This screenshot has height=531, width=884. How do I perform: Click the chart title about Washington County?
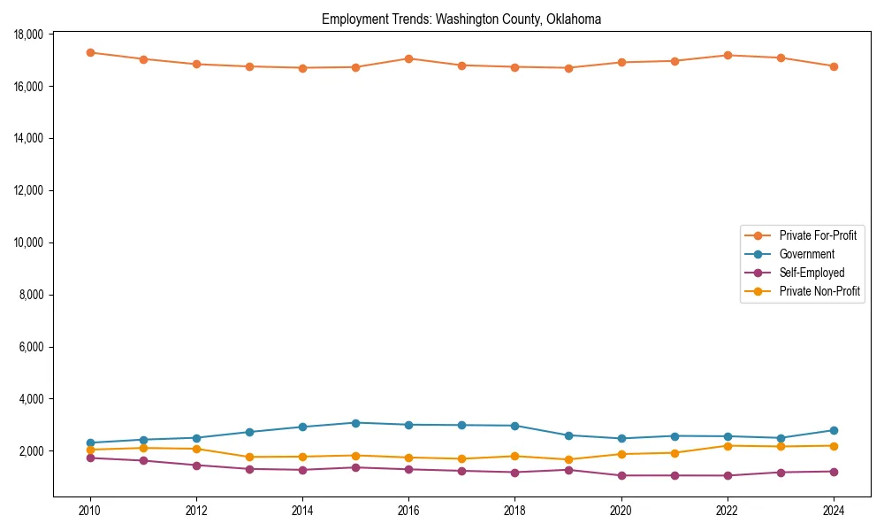pos(461,19)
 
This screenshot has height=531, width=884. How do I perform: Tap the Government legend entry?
pos(805,254)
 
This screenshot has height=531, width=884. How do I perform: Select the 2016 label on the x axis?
pos(408,511)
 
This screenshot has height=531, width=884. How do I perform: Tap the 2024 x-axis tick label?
pos(833,511)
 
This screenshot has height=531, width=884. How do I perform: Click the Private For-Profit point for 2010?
pos(90,52)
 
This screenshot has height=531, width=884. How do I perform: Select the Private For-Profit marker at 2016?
pos(408,58)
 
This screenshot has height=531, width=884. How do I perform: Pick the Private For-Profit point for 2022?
pos(727,55)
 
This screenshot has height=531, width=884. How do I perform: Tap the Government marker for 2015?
pos(355,423)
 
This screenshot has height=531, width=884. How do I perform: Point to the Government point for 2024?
pos(833,430)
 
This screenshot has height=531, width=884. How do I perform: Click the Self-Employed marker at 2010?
pos(90,458)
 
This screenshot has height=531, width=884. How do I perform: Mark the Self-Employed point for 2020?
pos(621,475)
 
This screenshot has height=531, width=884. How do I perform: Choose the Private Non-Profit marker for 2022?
pos(727,445)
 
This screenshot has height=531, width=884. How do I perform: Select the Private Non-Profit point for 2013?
pos(249,457)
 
